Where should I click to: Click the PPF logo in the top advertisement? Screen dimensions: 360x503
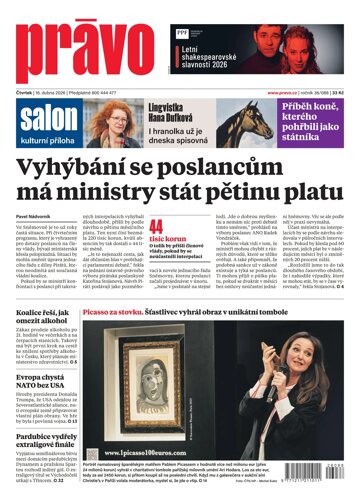(x=182, y=33)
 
